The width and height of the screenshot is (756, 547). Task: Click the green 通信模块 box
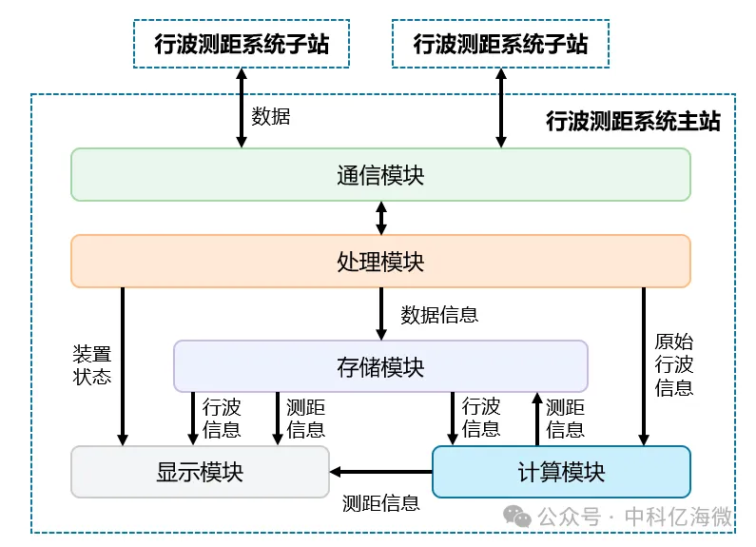[380, 175]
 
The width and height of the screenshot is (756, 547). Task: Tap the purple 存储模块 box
[380, 366]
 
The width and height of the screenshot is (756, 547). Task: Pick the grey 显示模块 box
[200, 472]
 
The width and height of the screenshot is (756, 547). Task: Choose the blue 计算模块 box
[561, 472]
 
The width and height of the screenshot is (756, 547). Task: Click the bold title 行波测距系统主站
[632, 121]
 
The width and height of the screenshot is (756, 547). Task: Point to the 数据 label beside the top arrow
[270, 117]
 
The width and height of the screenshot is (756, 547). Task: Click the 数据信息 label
[438, 314]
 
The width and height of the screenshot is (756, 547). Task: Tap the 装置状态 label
[92, 365]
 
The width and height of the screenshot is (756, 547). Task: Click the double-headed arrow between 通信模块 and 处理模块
[381, 218]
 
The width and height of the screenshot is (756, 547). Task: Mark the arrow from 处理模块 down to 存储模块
[381, 313]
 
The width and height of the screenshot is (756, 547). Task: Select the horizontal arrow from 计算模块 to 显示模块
[380, 472]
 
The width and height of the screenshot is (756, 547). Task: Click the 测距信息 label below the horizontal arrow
[380, 503]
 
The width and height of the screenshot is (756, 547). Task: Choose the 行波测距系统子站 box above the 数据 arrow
[242, 45]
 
